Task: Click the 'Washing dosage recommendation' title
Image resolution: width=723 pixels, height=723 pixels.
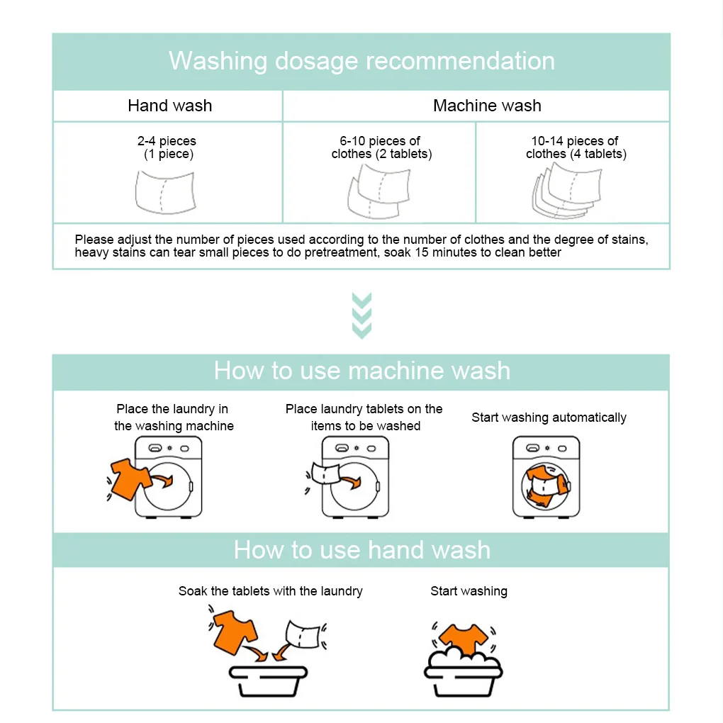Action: pos(361,61)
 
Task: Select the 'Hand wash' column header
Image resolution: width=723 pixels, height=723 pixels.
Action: pos(169,106)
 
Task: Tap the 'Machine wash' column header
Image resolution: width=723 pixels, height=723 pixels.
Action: pos(487,106)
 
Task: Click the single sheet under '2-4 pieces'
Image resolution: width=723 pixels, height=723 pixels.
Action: pos(164,191)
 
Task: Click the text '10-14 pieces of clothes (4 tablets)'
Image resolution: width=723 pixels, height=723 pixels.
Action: pos(575,147)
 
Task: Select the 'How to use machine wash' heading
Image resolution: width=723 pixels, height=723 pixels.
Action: pos(361,371)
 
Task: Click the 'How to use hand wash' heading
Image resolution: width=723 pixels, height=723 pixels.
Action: pos(361,550)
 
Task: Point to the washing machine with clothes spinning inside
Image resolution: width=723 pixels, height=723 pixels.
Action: pos(546,476)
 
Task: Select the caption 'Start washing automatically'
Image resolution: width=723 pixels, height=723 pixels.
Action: pos(549,417)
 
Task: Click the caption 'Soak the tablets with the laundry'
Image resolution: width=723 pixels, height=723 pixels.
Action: pos(270,591)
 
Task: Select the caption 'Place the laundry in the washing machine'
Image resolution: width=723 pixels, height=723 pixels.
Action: pos(174,417)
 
